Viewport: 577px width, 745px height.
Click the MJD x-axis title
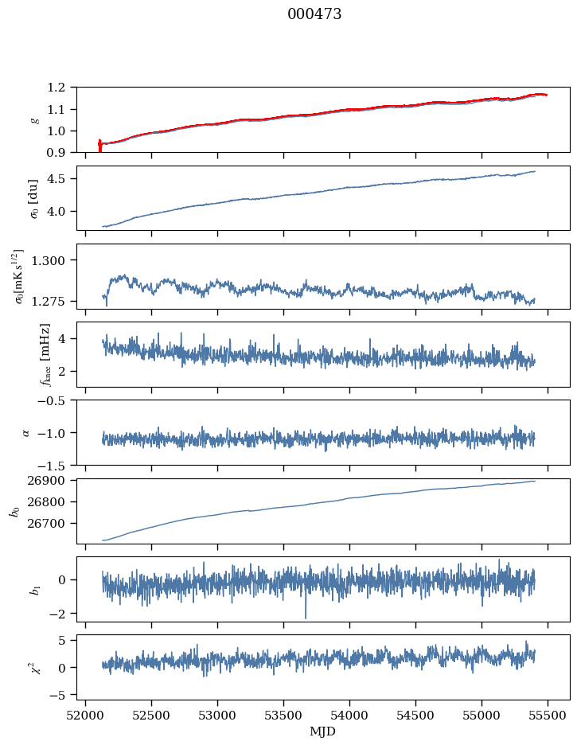pos(323,731)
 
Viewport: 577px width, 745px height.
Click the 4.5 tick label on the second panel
pos(61,179)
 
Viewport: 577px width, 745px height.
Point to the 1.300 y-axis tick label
pos(54,260)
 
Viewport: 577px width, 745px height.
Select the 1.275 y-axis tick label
pos(54,302)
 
